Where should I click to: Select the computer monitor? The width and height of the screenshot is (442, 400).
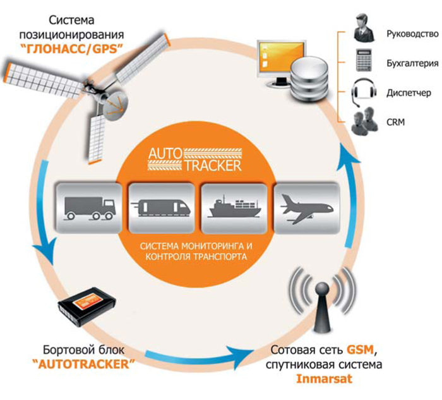278,59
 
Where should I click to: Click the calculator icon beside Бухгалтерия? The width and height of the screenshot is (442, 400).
362,62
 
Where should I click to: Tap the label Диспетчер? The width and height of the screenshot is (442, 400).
409,92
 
